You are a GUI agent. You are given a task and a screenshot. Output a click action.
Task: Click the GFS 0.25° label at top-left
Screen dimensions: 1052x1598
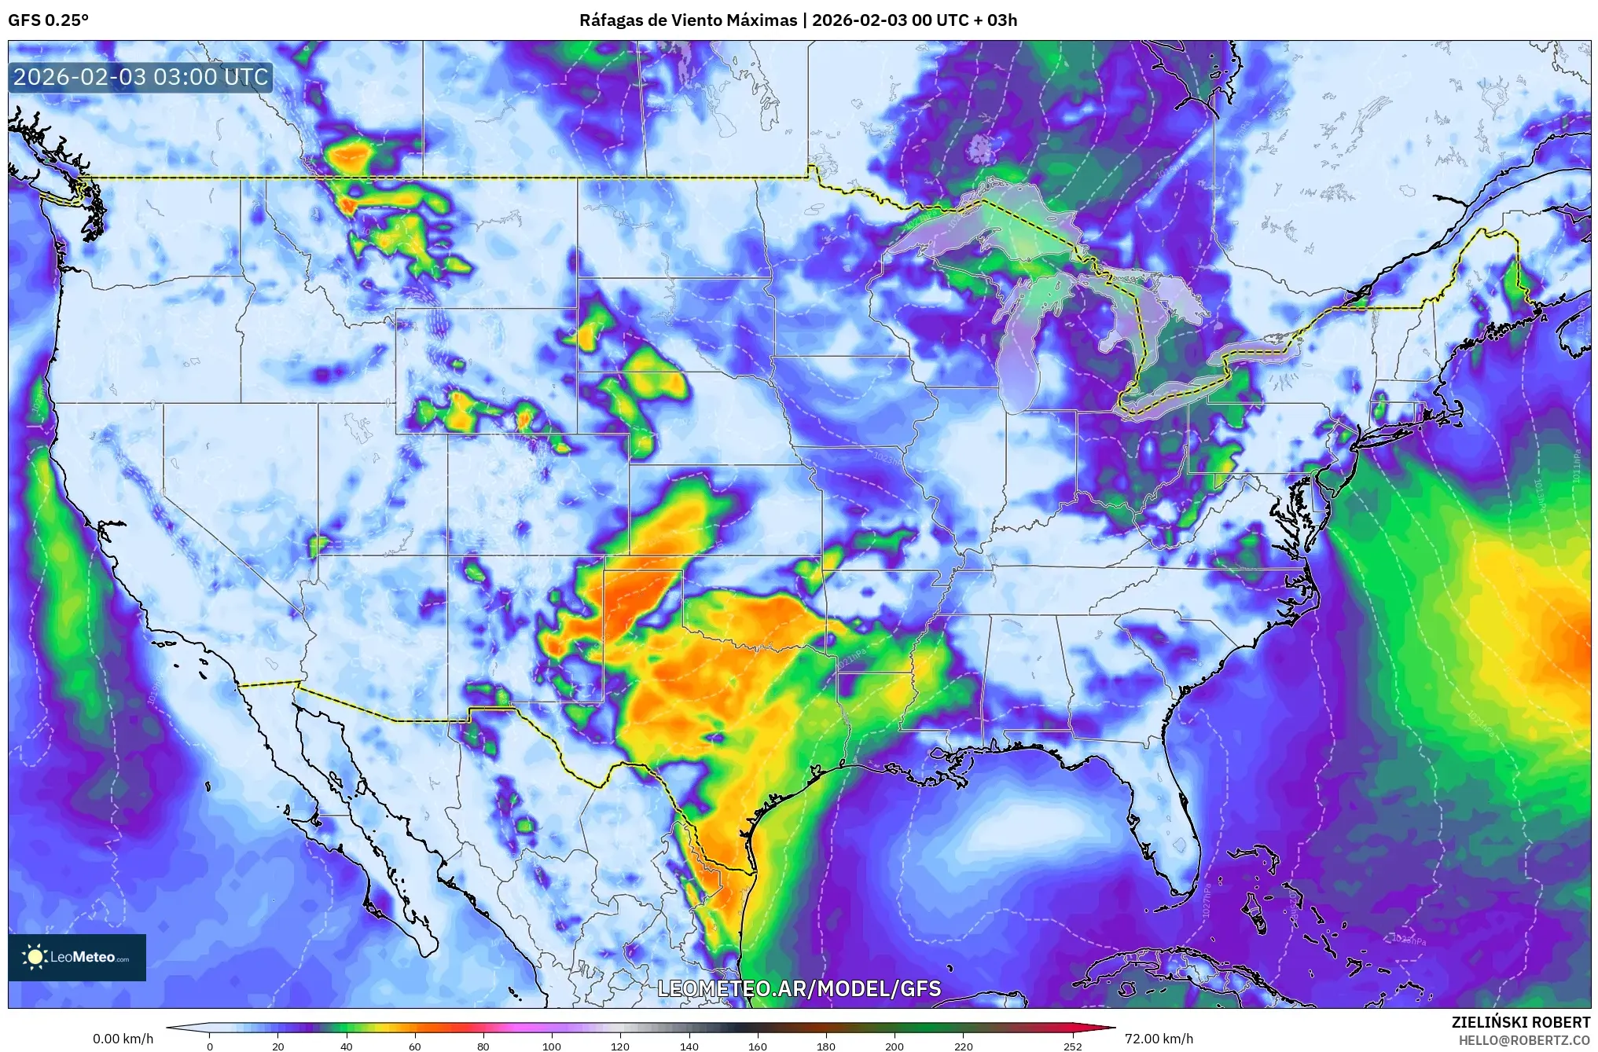point(48,20)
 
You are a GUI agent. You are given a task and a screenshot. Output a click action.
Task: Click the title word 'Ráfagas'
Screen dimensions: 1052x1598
point(608,20)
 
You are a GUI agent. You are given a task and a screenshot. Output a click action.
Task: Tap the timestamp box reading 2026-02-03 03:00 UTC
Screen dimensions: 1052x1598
point(141,77)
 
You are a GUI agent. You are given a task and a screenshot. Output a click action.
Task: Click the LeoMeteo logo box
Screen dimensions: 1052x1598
point(77,957)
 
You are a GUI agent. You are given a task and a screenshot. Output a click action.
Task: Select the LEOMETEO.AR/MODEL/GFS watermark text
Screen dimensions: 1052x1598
point(799,988)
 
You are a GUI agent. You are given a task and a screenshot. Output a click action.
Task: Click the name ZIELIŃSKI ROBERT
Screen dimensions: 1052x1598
point(1520,1022)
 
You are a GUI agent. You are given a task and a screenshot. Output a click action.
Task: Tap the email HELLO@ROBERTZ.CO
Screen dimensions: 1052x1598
point(1524,1040)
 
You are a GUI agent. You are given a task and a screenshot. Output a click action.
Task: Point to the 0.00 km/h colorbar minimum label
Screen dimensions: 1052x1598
point(123,1039)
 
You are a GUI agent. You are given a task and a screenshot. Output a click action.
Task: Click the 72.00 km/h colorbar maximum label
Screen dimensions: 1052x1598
point(1159,1039)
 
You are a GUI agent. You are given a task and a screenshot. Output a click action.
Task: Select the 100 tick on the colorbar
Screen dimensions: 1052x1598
point(552,1047)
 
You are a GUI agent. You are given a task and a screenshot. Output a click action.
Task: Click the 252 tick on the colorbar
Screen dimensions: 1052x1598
point(1073,1047)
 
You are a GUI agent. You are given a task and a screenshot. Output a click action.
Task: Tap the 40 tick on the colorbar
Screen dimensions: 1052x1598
point(346,1047)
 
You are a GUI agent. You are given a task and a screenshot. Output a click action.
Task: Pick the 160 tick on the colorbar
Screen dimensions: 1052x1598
point(758,1047)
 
